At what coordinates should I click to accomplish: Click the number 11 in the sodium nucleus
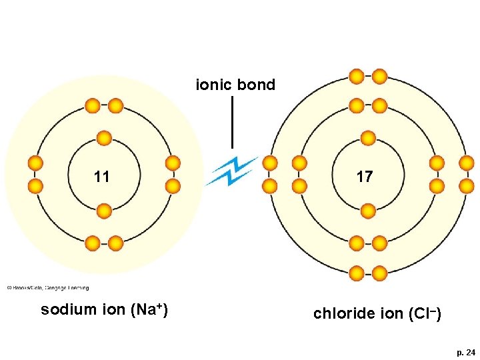(102, 177)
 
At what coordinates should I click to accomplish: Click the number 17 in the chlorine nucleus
(365, 177)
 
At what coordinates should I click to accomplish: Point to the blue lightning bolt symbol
(231, 171)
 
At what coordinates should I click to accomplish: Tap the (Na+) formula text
(149, 310)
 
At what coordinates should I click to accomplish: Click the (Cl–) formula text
(422, 313)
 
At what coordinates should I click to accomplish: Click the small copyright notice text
(47, 288)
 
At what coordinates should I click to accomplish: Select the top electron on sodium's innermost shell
(104, 138)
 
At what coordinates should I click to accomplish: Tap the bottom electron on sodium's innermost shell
(104, 211)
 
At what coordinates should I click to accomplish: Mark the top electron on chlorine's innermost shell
(368, 138)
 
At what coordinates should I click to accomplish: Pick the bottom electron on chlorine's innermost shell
(368, 211)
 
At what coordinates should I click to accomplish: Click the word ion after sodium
(113, 310)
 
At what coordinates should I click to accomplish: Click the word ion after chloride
(386, 313)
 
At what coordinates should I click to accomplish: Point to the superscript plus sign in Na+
(159, 306)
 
